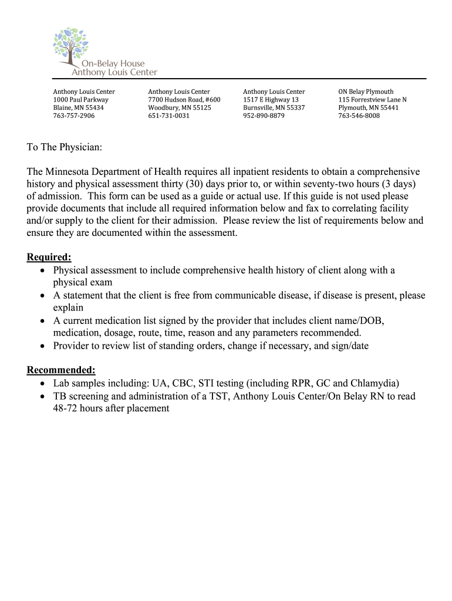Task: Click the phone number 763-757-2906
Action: coord(74,116)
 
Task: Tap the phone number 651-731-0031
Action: coord(168,116)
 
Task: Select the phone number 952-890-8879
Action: coord(264,116)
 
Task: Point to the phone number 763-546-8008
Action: coord(359,116)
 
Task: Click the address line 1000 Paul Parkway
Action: coord(81,100)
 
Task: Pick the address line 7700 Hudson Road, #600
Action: coord(184,100)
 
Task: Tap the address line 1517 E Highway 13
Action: coord(271,100)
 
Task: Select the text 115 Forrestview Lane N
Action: coord(372,100)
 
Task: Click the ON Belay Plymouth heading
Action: coord(366,92)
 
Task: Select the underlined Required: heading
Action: coord(49,258)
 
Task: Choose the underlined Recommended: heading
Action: coord(61,370)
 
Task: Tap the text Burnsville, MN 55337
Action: coord(274,108)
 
